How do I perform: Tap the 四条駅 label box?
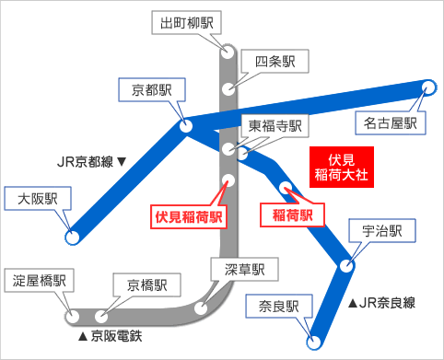(275, 63)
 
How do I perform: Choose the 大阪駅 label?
(39, 199)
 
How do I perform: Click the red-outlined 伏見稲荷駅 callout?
(190, 217)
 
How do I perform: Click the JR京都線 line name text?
(91, 162)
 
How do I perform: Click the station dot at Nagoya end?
(428, 87)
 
